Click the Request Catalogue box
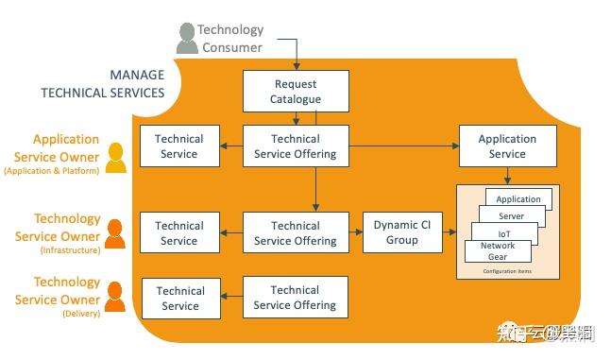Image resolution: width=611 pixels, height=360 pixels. (x=297, y=92)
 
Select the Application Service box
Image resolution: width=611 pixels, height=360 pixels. (x=507, y=146)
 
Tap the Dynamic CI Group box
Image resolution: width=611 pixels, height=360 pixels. (x=402, y=232)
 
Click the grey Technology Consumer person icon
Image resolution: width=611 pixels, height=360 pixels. (x=187, y=38)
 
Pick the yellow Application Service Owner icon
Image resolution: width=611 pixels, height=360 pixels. (x=116, y=158)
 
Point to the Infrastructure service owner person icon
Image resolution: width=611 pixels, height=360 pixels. (x=114, y=233)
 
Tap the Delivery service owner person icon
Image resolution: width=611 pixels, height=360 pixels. (x=114, y=298)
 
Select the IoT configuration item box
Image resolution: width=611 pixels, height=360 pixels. (x=504, y=232)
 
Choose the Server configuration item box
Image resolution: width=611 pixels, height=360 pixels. (x=511, y=216)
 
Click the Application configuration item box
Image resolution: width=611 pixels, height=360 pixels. (x=518, y=199)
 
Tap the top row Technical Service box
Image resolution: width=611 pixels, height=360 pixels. (x=179, y=146)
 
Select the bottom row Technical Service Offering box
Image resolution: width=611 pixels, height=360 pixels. (x=296, y=298)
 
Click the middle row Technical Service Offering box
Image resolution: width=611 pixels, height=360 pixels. (x=296, y=232)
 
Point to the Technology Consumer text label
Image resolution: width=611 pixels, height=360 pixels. (x=230, y=38)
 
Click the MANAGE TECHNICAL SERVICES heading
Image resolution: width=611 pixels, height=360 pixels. (x=103, y=84)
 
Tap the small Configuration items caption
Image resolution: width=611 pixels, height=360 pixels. (x=507, y=271)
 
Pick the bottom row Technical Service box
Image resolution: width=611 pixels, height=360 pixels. (x=179, y=298)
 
